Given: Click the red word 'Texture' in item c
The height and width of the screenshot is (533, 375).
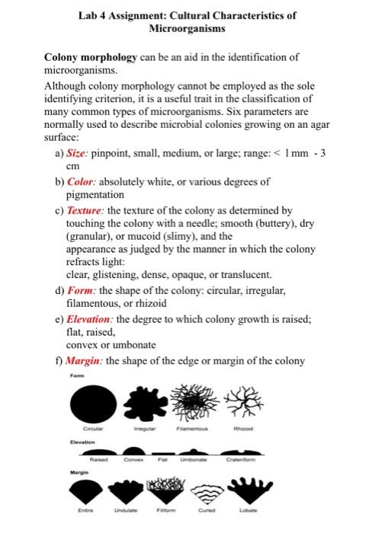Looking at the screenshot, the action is (x=88, y=210).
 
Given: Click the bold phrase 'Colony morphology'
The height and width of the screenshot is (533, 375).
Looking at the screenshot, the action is (x=91, y=57).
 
